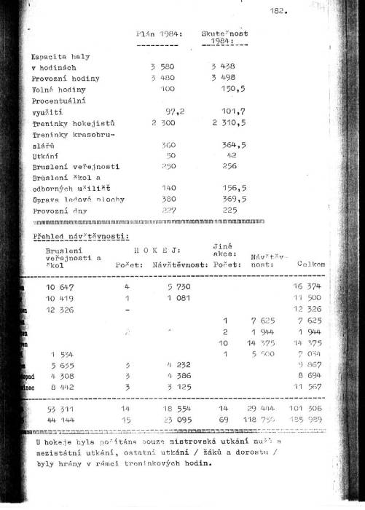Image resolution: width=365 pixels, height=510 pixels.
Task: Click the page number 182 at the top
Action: (x=278, y=12)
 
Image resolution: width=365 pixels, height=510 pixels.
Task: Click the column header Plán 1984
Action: (x=159, y=34)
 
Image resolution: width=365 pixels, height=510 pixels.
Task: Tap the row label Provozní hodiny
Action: (x=66, y=78)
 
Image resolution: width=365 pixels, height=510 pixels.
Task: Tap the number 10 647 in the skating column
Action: (x=61, y=287)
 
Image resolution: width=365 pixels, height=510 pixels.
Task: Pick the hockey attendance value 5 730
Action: (x=173, y=287)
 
